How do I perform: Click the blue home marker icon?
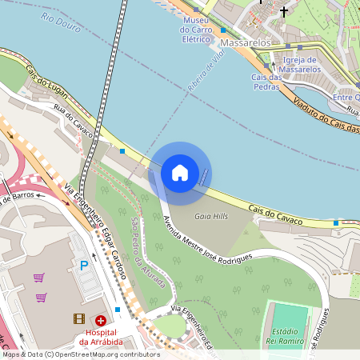pos(180,172)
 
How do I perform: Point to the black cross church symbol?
pos(284,12)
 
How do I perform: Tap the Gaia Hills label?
pos(212,216)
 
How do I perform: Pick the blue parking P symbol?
pos(83,265)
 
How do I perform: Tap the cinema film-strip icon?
pos(78,318)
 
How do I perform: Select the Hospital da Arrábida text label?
pos(101,337)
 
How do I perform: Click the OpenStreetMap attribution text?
pos(80,354)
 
